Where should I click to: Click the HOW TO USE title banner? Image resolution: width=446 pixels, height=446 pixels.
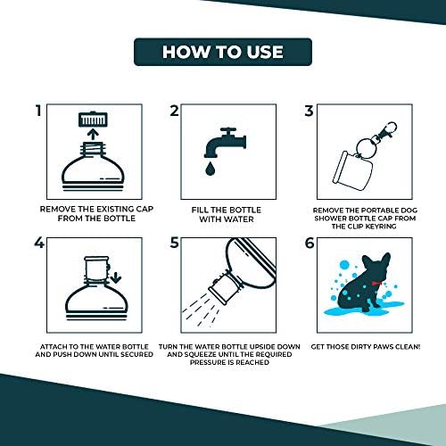223,52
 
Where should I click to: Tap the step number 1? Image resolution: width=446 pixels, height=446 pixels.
38,111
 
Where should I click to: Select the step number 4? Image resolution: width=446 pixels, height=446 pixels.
39,243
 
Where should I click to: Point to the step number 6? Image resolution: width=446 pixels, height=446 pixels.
310,244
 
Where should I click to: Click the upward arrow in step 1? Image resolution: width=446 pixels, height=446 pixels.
94,134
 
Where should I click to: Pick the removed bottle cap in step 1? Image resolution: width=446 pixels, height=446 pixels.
93,120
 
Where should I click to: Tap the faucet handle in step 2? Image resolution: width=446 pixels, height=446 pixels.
228,132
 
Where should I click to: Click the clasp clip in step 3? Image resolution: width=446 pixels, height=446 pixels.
386,130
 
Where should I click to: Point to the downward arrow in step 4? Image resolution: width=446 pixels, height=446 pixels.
115,277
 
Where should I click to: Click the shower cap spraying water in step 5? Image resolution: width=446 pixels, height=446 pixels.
224,287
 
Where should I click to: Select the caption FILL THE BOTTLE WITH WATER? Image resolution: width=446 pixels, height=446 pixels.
227,214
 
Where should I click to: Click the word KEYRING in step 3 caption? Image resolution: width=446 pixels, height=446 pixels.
381,227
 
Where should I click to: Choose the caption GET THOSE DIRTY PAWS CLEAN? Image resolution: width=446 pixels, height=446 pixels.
366,347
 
